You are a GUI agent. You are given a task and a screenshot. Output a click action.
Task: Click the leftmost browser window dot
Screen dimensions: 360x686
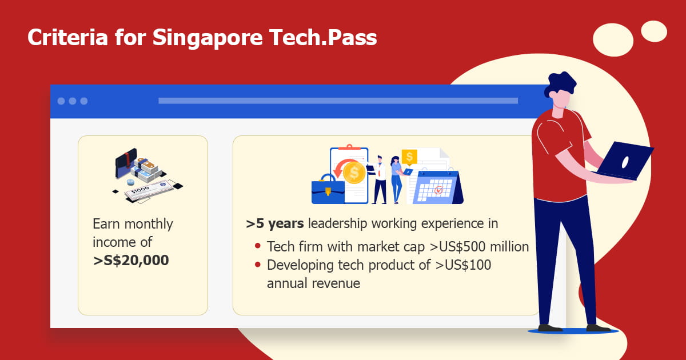point(61,101)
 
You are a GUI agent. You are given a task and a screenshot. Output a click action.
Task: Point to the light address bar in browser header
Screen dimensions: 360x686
point(337,101)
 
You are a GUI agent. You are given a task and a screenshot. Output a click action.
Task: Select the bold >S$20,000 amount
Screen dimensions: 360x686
point(131,261)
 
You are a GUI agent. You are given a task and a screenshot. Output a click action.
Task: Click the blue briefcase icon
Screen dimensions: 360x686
point(328,190)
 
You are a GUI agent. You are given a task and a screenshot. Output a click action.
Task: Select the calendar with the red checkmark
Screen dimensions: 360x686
point(434,189)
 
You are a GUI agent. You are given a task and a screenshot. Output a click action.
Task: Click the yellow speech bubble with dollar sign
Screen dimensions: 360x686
point(409,157)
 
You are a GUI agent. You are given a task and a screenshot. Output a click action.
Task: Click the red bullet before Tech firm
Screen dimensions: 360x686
point(258,247)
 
